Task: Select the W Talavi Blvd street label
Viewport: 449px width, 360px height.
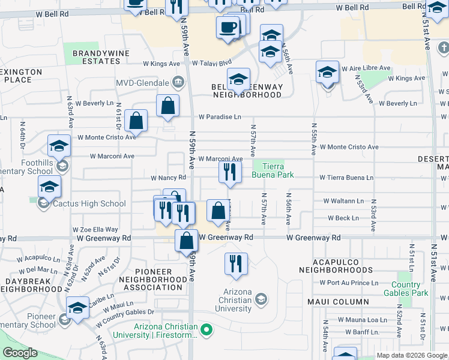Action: click(x=211, y=62)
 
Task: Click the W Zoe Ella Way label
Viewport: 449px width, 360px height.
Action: click(x=95, y=229)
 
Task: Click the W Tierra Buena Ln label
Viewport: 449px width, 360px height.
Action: click(x=346, y=178)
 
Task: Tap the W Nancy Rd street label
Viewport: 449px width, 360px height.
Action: click(x=168, y=178)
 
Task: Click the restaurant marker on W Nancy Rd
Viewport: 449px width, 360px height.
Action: click(x=229, y=173)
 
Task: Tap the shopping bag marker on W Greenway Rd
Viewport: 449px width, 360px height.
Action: click(x=187, y=242)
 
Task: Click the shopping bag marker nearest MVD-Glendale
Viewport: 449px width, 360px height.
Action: click(x=167, y=106)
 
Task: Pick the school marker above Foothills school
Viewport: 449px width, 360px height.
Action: click(x=59, y=146)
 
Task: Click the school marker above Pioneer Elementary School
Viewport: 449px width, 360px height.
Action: click(x=77, y=308)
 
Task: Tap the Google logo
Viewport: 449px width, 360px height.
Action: click(x=20, y=353)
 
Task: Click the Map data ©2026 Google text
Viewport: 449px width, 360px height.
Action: click(x=412, y=355)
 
